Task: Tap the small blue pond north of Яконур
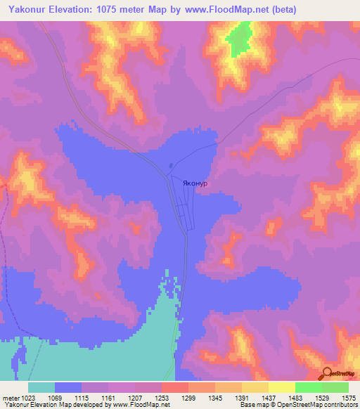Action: pyautogui.click(x=171, y=167)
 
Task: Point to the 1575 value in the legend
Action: pyautogui.click(x=349, y=398)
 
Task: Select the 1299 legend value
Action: pyautogui.click(x=188, y=398)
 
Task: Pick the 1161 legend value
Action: pyautogui.click(x=108, y=398)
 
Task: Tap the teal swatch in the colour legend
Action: pyautogui.click(x=41, y=388)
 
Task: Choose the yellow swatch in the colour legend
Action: pyautogui.click(x=281, y=388)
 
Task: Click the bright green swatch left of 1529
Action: pyautogui.click(x=308, y=388)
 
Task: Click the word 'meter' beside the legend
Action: pyautogui.click(x=9, y=398)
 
